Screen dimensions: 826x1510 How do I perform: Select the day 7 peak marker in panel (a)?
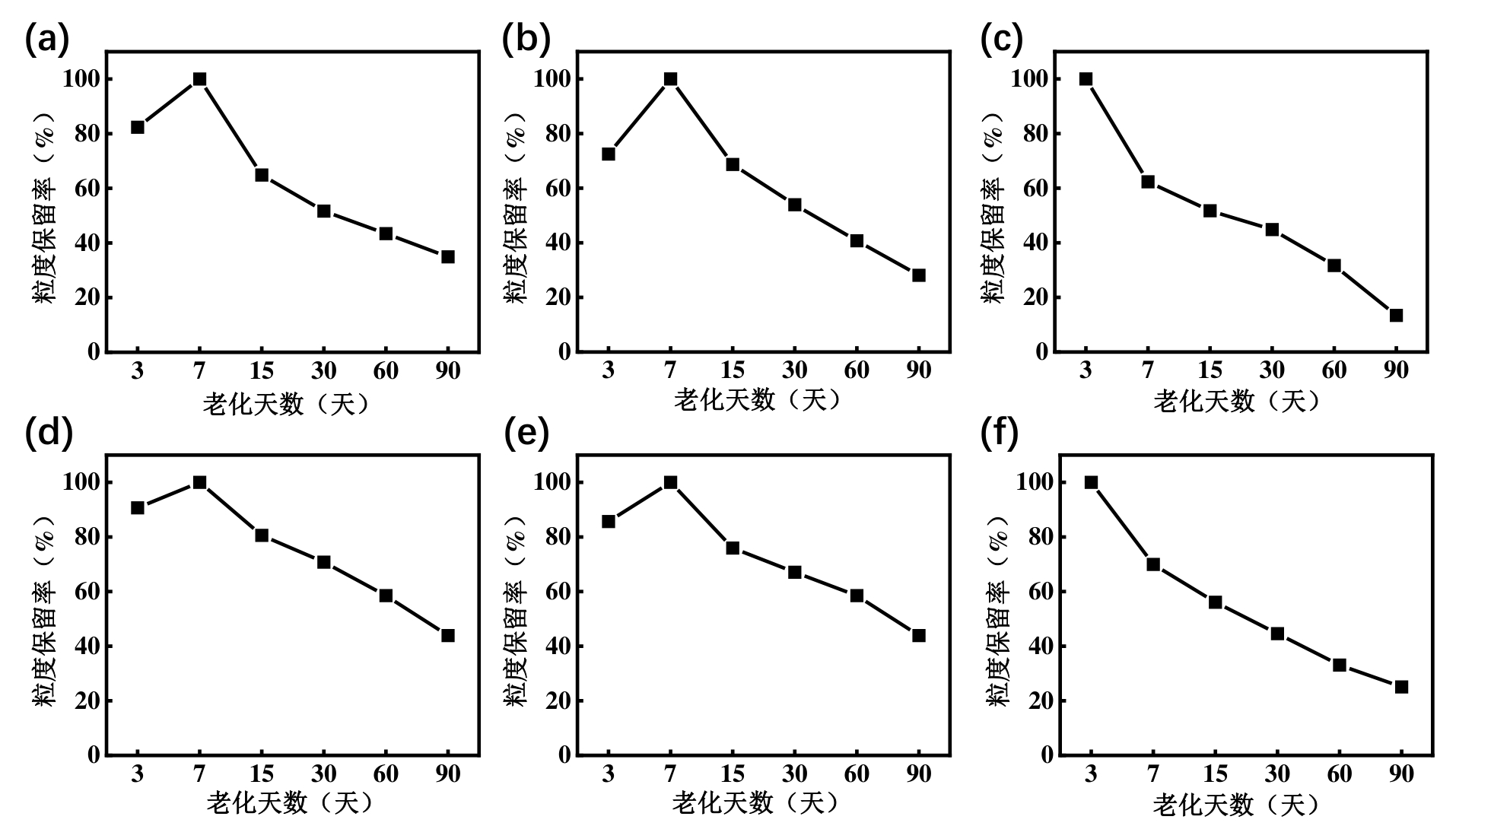[x=200, y=79]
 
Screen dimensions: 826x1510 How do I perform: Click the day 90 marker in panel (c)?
[x=1396, y=316]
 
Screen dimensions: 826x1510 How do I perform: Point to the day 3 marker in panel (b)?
[x=609, y=154]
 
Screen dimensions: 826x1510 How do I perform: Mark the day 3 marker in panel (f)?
[x=1091, y=482]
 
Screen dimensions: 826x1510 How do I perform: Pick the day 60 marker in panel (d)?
[x=386, y=596]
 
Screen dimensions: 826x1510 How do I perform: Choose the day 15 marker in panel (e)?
[x=733, y=548]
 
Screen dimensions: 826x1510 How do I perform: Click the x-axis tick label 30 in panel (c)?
[x=1272, y=371]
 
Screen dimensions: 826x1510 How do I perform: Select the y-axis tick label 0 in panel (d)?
[x=94, y=755]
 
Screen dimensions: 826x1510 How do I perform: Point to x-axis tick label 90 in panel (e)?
[x=918, y=774]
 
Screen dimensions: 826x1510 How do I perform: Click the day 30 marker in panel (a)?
[x=323, y=211]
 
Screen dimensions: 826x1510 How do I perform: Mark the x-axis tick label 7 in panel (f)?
[x=1153, y=774]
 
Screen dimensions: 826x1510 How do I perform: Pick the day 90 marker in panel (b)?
[x=918, y=275]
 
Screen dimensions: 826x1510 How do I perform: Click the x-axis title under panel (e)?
[x=757, y=803]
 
